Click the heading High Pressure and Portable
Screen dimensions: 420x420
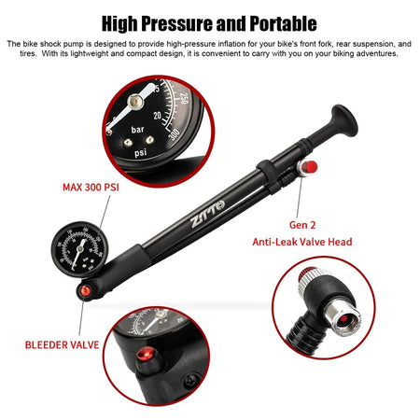click(209, 22)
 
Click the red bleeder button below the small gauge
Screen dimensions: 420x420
click(85, 291)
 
